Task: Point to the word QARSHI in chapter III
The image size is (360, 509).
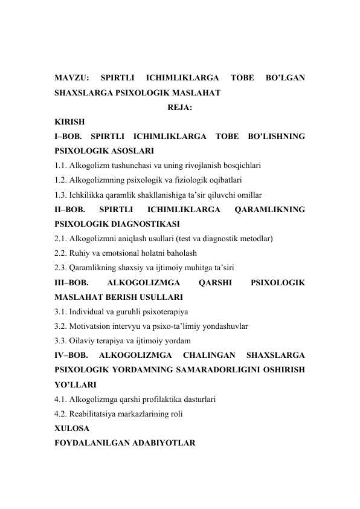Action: (215, 282)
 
